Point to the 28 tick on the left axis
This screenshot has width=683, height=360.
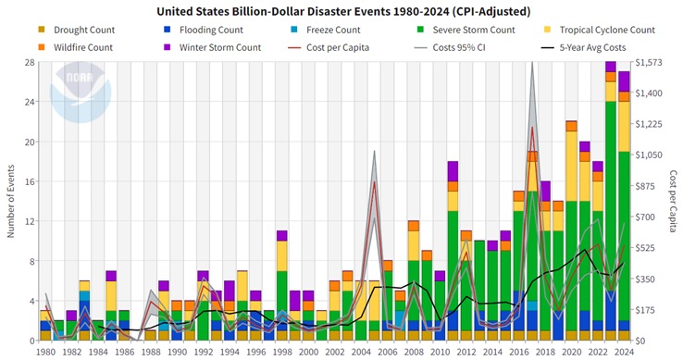[x=30, y=62]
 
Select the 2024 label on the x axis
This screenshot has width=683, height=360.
[x=624, y=351]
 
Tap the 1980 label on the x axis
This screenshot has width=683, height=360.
[x=45, y=351]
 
